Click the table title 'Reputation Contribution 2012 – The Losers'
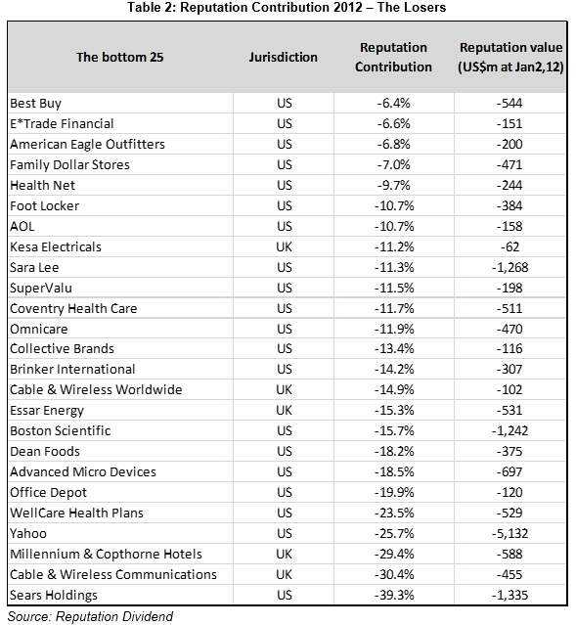pyautogui.click(x=313, y=7)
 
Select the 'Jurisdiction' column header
pyautogui.click(x=283, y=57)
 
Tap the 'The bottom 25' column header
pyautogui.click(x=120, y=57)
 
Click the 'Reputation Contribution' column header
pyautogui.click(x=393, y=57)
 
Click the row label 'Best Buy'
pyautogui.click(x=36, y=104)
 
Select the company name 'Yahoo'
pyautogui.click(x=28, y=533)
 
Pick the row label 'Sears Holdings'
pyautogui.click(x=54, y=595)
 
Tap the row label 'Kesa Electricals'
pyautogui.click(x=56, y=246)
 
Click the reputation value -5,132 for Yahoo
pyautogui.click(x=510, y=533)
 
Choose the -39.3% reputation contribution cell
pyautogui.click(x=394, y=595)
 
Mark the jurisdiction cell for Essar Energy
pyautogui.click(x=285, y=410)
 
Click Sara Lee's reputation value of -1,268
pyautogui.click(x=510, y=267)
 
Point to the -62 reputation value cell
pyautogui.click(x=510, y=246)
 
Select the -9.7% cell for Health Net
pyautogui.click(x=394, y=185)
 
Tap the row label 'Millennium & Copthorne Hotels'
pyautogui.click(x=106, y=554)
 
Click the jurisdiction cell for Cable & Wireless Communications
pyautogui.click(x=285, y=574)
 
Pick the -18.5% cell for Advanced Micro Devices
pyautogui.click(x=394, y=472)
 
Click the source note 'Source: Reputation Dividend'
pyautogui.click(x=91, y=616)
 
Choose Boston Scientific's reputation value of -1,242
pyautogui.click(x=510, y=431)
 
